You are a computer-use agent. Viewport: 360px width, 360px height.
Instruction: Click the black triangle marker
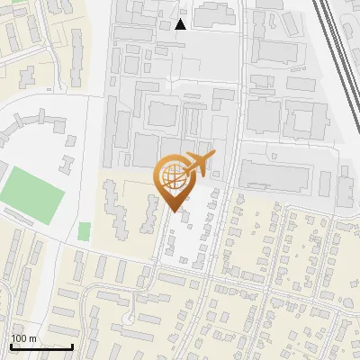(x=182, y=24)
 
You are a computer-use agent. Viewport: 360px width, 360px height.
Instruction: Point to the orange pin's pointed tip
(x=175, y=211)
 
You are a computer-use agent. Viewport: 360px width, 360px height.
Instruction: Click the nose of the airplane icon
(x=215, y=157)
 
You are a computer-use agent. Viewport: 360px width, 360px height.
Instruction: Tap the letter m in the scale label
(x=32, y=338)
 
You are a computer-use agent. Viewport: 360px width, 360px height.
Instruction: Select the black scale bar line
(x=41, y=346)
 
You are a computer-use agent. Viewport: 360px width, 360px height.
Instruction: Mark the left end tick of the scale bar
(x=12, y=346)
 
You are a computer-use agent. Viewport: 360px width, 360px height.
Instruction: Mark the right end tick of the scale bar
(x=72, y=346)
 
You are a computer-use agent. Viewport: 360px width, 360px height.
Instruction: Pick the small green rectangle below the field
(x=85, y=231)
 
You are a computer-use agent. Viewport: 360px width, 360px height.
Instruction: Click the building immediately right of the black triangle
(x=213, y=15)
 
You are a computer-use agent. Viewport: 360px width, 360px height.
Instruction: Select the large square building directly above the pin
(x=165, y=114)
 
